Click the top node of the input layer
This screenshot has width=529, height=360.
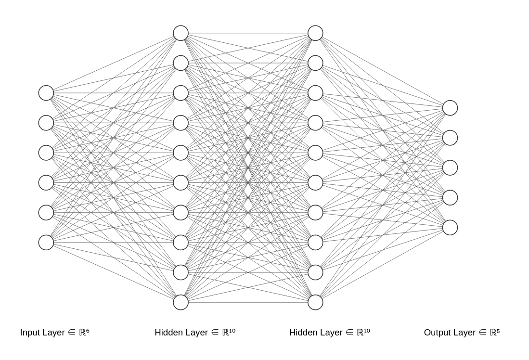click(46, 93)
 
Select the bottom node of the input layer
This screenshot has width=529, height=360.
click(46, 243)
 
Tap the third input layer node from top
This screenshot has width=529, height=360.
click(46, 153)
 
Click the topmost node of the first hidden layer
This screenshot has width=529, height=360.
click(181, 33)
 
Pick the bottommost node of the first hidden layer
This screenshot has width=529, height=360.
click(181, 302)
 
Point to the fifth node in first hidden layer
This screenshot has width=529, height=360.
click(181, 153)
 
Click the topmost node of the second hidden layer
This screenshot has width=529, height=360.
click(315, 33)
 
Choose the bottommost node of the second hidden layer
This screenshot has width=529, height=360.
click(315, 302)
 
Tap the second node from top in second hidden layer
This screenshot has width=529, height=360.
click(315, 63)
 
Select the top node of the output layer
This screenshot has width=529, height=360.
click(450, 108)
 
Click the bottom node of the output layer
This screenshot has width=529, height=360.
click(450, 228)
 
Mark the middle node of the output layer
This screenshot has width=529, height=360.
click(450, 167)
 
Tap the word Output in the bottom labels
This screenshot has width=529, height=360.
click(437, 333)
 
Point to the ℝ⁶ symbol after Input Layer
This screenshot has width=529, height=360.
click(84, 332)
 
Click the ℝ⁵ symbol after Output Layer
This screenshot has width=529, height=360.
click(495, 332)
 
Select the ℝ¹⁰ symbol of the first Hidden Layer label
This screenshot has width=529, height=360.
click(229, 332)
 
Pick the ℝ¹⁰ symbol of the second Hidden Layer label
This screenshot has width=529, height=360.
click(363, 332)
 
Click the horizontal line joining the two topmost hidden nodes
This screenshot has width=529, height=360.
click(248, 33)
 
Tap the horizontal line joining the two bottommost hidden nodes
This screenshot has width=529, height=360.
click(248, 302)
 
